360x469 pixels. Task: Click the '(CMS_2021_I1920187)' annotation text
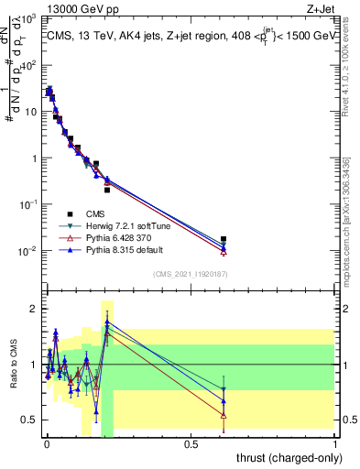(191, 273)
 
